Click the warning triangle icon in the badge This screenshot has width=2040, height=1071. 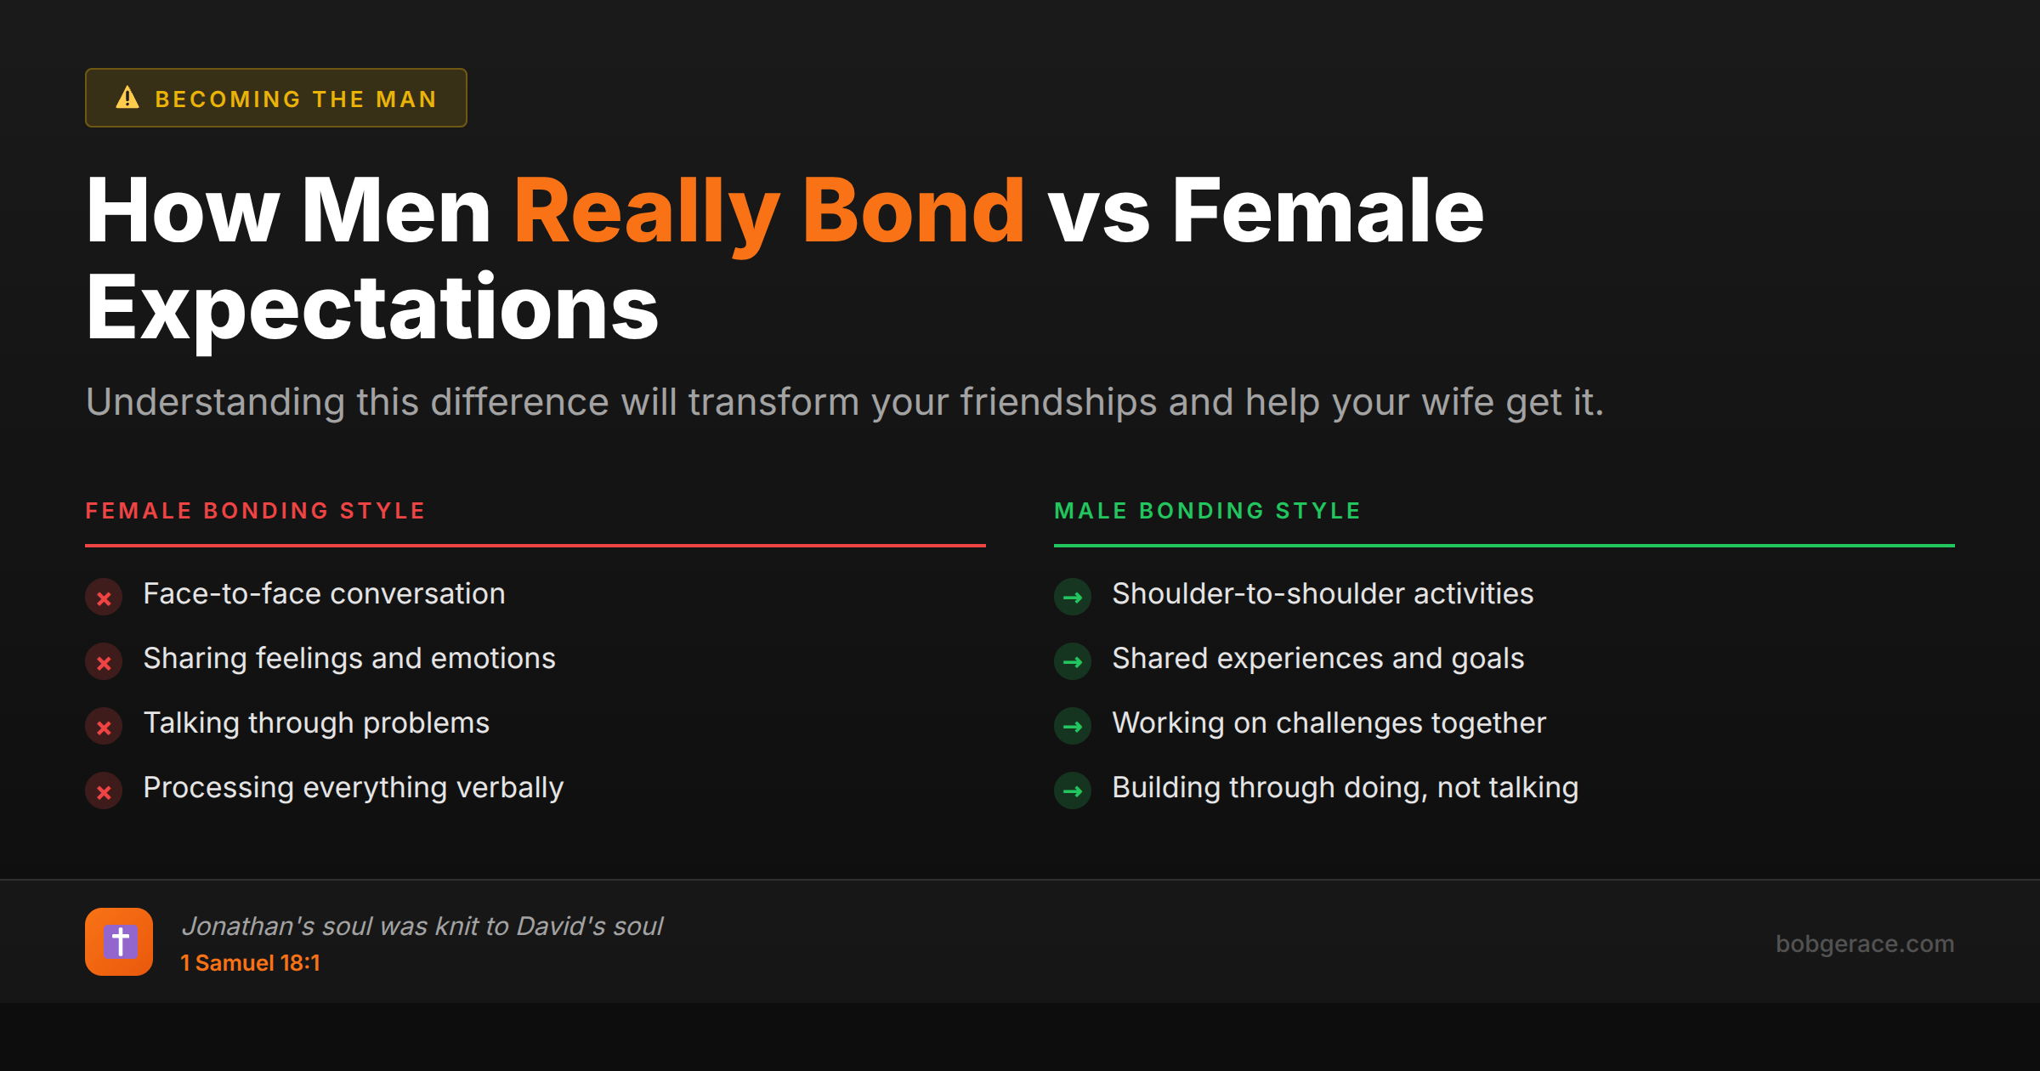click(127, 98)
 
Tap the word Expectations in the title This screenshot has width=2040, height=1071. click(372, 308)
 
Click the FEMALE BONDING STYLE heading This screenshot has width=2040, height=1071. click(255, 511)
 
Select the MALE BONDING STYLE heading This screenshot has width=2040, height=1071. click(1207, 511)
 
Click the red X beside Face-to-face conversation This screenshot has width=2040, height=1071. click(104, 598)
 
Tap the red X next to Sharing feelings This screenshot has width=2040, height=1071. click(104, 662)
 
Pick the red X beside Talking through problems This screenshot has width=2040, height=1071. click(104, 727)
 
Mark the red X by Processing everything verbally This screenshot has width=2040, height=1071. click(104, 791)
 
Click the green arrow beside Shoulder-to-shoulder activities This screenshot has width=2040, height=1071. click(1073, 598)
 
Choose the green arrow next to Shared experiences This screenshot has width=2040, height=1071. click(1073, 662)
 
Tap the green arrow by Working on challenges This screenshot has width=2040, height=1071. click(1073, 727)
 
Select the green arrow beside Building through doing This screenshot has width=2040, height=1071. click(1073, 791)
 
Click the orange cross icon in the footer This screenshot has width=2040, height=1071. click(119, 942)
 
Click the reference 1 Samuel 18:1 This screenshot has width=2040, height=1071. click(250, 963)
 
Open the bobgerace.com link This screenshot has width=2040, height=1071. click(1864, 943)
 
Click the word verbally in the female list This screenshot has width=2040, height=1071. click(510, 788)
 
